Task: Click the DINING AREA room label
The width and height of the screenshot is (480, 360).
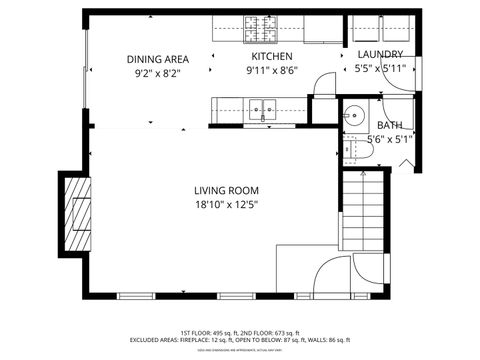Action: tap(158, 58)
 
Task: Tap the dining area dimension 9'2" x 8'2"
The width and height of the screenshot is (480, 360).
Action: tap(158, 73)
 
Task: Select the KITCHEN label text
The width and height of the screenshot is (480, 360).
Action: tap(271, 57)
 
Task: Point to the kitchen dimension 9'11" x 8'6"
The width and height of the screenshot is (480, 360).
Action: tap(271, 72)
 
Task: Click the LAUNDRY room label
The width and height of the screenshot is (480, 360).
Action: tap(380, 55)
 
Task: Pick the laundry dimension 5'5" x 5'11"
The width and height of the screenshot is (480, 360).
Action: tap(380, 69)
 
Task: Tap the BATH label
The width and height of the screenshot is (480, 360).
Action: tap(389, 125)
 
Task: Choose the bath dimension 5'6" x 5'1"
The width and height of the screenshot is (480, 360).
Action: tap(389, 139)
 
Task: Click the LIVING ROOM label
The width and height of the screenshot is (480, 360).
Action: tap(226, 190)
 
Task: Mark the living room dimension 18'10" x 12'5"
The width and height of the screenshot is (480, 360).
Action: tap(226, 205)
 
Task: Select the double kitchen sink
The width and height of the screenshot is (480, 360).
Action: tap(264, 106)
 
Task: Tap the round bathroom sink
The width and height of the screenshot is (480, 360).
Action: tap(352, 115)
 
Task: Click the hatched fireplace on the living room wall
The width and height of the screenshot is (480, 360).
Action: tap(75, 212)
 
